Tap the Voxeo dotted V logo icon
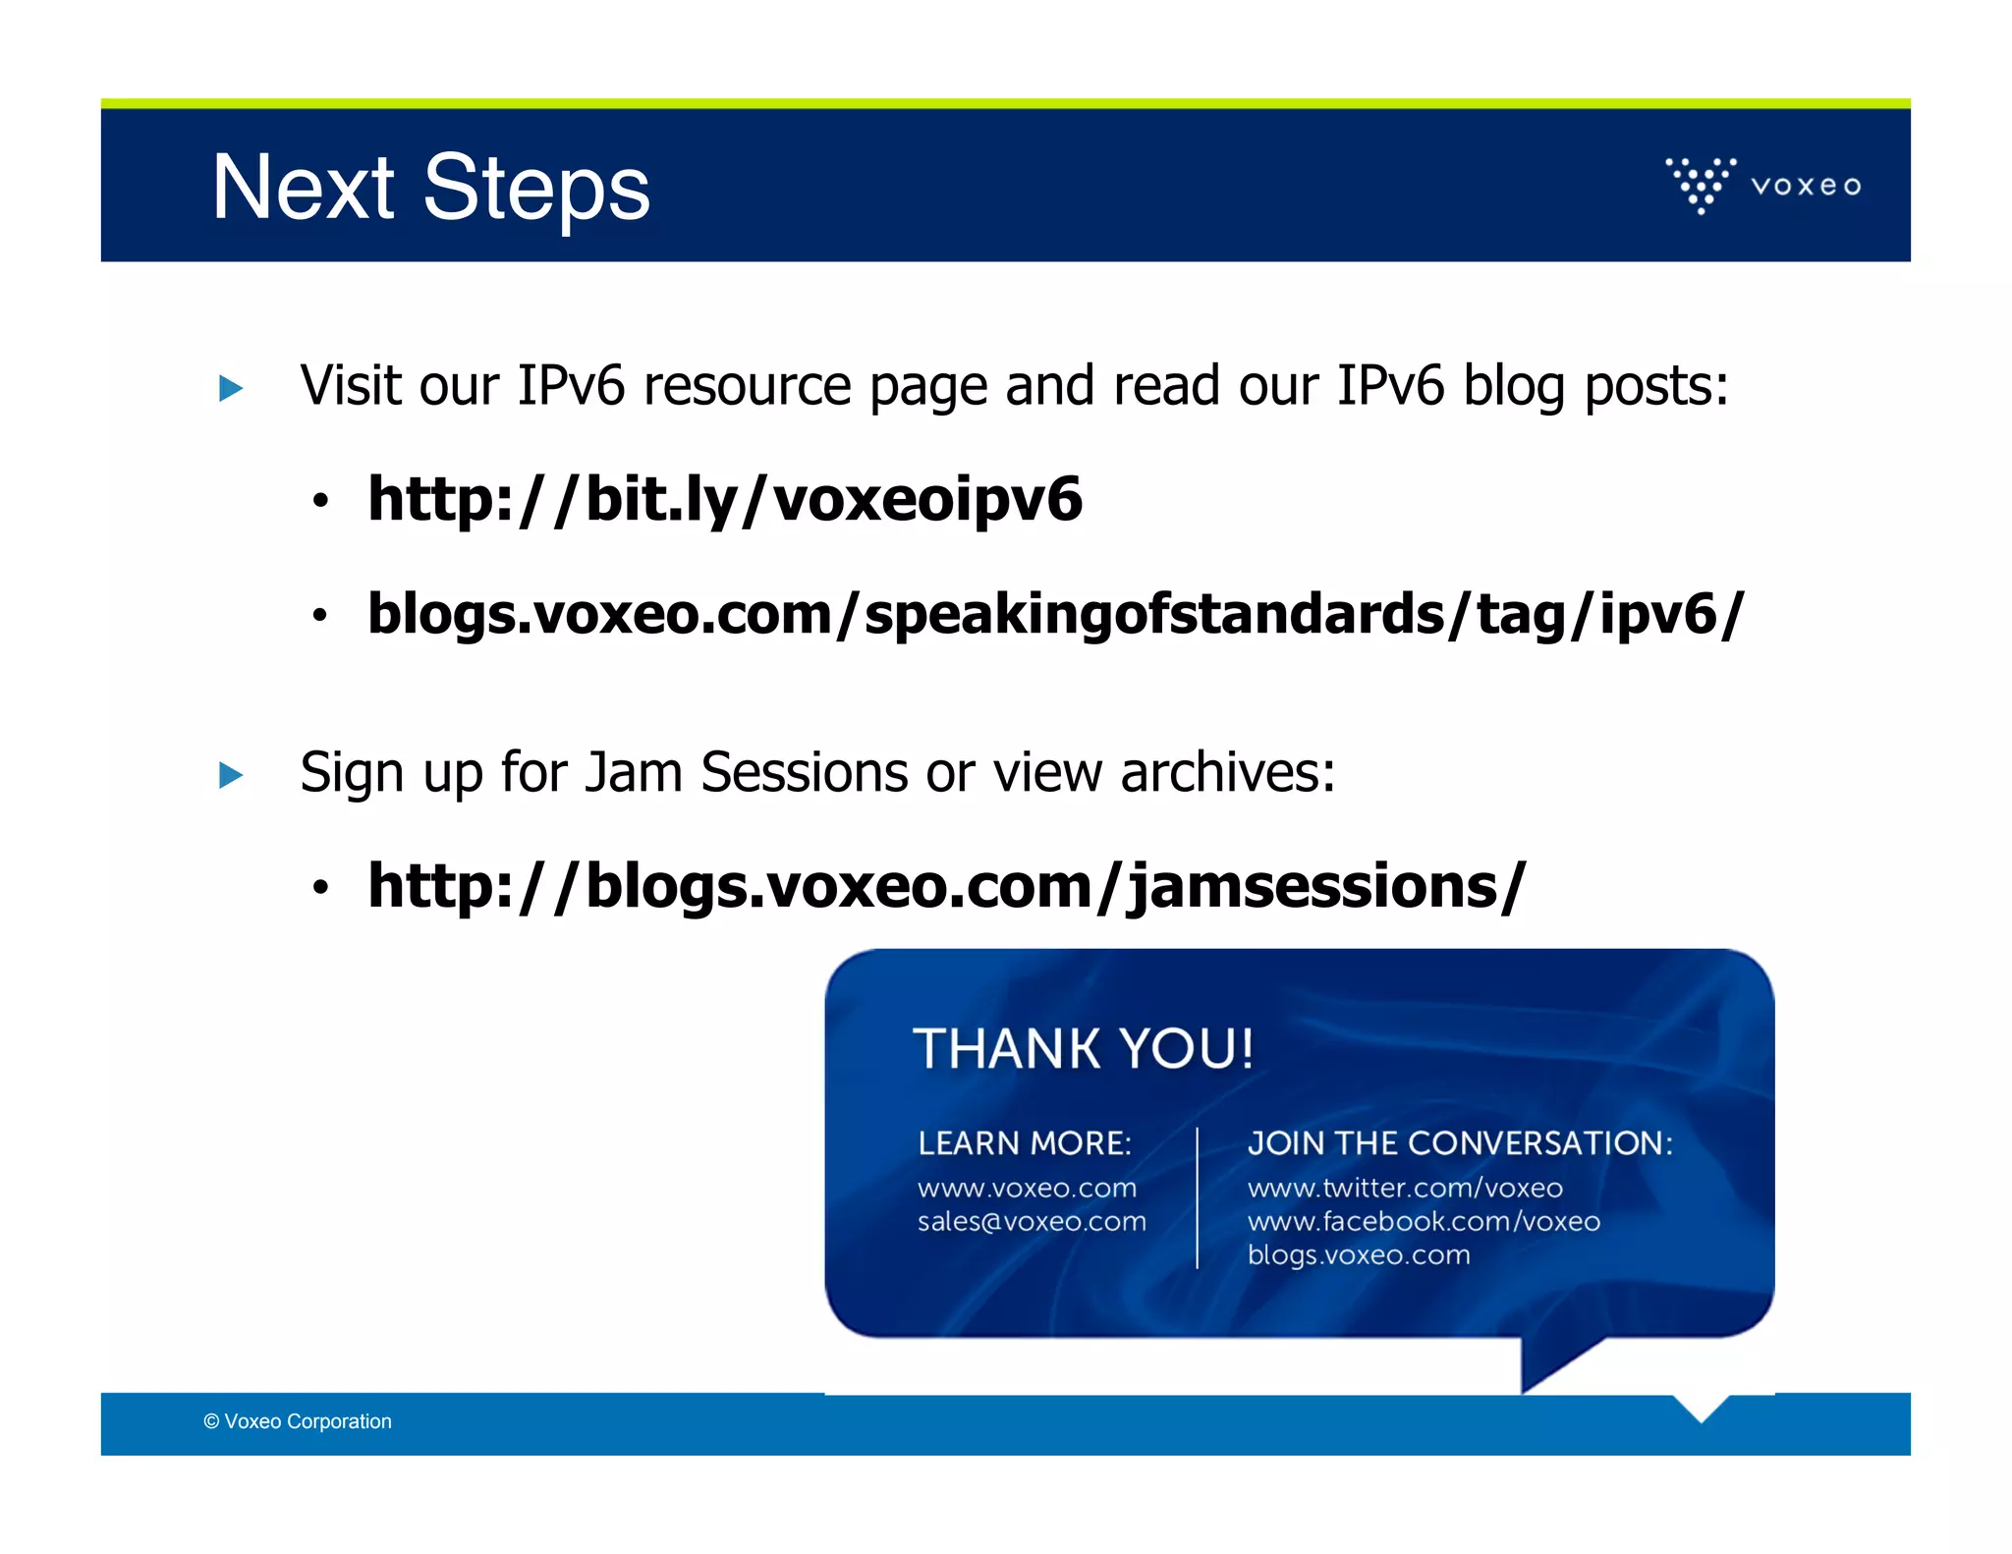coord(1701,184)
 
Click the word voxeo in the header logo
coord(1806,186)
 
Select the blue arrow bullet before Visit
coord(231,388)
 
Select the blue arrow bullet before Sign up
coord(231,775)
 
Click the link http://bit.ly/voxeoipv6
coord(724,499)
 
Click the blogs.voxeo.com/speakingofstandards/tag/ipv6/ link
coord(1055,614)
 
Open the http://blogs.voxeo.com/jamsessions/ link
coord(946,886)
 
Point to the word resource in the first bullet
coord(747,385)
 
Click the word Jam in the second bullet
coord(634,772)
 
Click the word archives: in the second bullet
coord(1228,772)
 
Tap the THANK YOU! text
coord(1083,1048)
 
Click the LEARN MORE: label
coord(1025,1143)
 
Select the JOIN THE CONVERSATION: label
coord(1460,1143)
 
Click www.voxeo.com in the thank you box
coord(1027,1189)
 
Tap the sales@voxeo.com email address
coord(1032,1222)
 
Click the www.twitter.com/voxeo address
coord(1405,1189)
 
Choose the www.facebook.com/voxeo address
coord(1424,1222)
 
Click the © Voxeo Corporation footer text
coord(298,1421)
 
